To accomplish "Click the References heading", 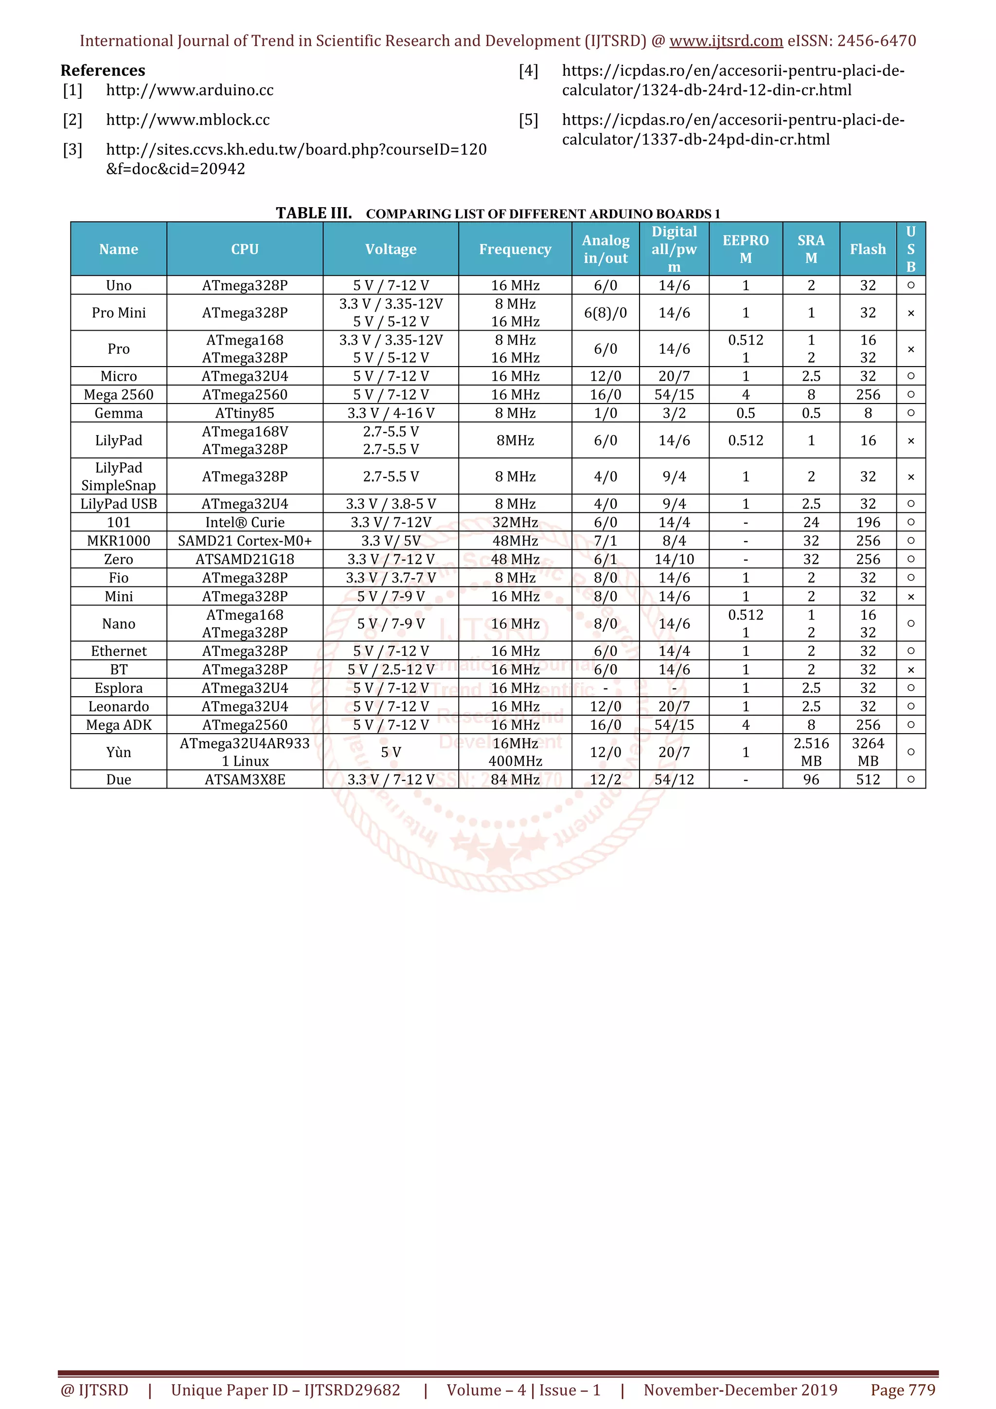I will (x=103, y=70).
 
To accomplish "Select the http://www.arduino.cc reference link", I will (x=190, y=90).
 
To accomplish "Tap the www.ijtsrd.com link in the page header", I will (x=726, y=41).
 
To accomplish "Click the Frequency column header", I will (x=515, y=249).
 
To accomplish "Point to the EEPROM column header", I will (x=745, y=249).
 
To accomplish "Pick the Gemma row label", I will (x=119, y=413).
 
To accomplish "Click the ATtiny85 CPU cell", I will (x=245, y=413).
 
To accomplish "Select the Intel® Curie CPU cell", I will (x=245, y=522).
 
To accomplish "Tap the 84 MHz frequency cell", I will (x=515, y=779).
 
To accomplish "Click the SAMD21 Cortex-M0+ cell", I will (x=245, y=541).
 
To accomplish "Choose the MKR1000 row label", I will (x=119, y=541).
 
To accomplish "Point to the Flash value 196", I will (x=868, y=522).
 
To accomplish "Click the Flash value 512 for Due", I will (x=868, y=779).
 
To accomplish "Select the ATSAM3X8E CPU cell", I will (x=245, y=779).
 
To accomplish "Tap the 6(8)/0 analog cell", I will (x=605, y=313).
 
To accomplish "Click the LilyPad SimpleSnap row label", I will (x=119, y=476).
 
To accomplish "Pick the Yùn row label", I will (x=119, y=752).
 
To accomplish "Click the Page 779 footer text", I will (x=903, y=1390).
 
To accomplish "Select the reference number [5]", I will (x=528, y=120).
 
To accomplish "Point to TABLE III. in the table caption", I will (x=314, y=213).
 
